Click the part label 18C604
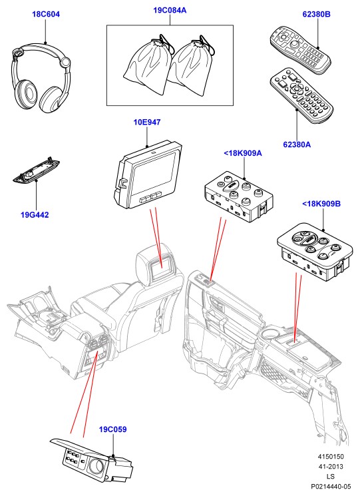tap(46, 14)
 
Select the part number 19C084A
tap(170, 11)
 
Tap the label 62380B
tap(316, 14)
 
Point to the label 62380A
tap(297, 144)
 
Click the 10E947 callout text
tap(147, 122)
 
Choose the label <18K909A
tap(243, 153)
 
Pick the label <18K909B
tap(321, 204)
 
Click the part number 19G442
tap(35, 215)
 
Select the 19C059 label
tap(113, 429)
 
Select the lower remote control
tap(301, 95)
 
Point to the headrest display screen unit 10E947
tap(148, 176)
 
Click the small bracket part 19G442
tap(36, 170)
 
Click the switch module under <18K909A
tap(239, 197)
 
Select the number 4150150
tap(331, 457)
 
